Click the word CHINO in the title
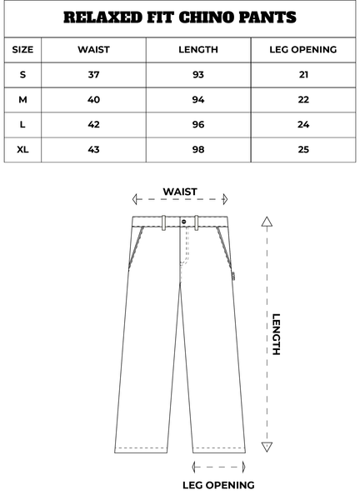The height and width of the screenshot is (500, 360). [x=207, y=17]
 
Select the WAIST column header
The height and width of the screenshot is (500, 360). [x=93, y=50]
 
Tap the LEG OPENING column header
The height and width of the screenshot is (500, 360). [x=303, y=50]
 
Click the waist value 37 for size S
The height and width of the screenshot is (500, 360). [x=93, y=75]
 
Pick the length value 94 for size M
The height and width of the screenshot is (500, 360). [x=198, y=100]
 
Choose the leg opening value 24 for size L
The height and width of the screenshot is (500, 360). [x=303, y=125]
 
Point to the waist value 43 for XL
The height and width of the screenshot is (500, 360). [x=93, y=149]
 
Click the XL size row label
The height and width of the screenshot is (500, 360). [x=22, y=149]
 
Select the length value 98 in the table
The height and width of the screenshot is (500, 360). [x=198, y=149]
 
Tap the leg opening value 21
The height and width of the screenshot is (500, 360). [x=303, y=75]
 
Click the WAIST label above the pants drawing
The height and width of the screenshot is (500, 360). [x=180, y=192]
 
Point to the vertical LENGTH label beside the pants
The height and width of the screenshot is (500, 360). [x=276, y=334]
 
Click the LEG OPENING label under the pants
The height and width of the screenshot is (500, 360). [x=218, y=485]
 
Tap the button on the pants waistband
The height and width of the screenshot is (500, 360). [x=184, y=222]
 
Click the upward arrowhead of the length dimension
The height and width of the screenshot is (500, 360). [x=267, y=222]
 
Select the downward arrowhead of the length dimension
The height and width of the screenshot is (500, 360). [x=267, y=447]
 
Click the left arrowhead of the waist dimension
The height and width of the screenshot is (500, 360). [x=135, y=199]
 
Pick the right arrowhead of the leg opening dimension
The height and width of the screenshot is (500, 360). [x=244, y=467]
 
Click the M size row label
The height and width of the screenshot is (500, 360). [x=22, y=100]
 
